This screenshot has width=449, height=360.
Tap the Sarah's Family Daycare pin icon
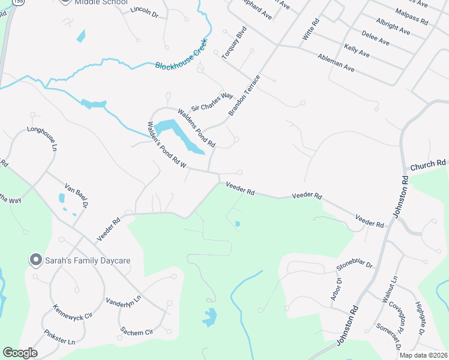tap(36, 260)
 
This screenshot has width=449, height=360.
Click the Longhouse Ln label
tap(45, 139)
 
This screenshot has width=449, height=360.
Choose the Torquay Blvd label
tap(235, 42)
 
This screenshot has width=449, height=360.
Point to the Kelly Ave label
tap(357, 50)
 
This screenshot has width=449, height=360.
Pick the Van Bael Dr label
tap(77, 196)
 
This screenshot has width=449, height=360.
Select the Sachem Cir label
tap(137, 331)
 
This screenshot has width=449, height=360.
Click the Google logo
tap(20, 353)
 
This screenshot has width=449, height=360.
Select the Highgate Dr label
tap(420, 318)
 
